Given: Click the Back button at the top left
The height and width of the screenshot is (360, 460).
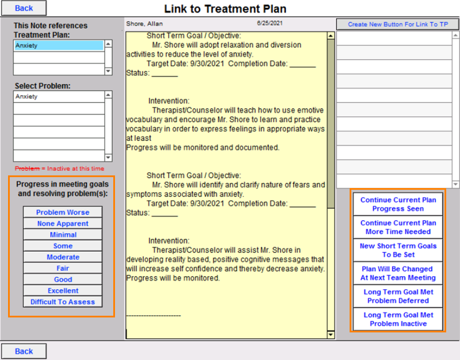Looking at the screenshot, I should pos(24,8).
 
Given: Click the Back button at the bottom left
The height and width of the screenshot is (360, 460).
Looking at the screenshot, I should pos(24,351).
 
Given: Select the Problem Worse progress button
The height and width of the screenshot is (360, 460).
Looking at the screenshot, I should pos(63,212).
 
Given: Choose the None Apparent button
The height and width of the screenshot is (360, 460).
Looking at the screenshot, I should pos(63,224).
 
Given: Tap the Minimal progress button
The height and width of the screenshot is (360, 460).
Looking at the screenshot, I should pos(63,235).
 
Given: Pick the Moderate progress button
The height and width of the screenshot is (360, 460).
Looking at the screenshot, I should pos(63,257).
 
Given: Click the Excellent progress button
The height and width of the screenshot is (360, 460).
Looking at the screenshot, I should pos(63,290).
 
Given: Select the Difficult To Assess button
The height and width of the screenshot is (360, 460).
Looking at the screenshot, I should pos(63,302).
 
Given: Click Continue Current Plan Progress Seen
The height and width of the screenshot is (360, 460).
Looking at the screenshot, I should pos(398,204).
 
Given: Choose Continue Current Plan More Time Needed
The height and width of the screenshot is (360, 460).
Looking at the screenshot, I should pos(398,227).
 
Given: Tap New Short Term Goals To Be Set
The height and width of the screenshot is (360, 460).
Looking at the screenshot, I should pos(398,250).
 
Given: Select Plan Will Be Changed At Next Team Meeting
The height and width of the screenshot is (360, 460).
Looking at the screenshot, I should pos(398,273).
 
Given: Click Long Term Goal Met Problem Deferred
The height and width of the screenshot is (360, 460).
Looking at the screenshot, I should pos(398,296).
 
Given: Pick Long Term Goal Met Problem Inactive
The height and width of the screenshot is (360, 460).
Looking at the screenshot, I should pos(398,319).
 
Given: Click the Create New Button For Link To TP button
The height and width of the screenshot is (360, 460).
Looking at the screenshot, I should pos(397,24).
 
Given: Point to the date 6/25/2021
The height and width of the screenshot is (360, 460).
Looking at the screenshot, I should pos(269,24).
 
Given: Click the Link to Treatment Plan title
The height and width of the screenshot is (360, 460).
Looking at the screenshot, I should pos(225,9).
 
